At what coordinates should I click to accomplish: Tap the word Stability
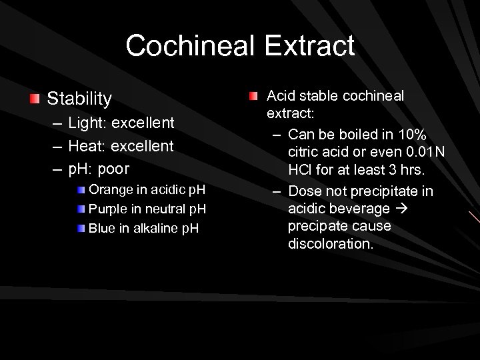[x=79, y=99]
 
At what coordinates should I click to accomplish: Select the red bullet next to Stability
[x=35, y=99]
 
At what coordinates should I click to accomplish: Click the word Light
[x=89, y=123]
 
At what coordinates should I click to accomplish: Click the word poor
[x=114, y=168]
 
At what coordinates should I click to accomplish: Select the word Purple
[x=109, y=209]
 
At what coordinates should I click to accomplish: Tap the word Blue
[x=101, y=229]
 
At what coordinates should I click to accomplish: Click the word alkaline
[x=153, y=229]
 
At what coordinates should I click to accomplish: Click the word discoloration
[x=330, y=244]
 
